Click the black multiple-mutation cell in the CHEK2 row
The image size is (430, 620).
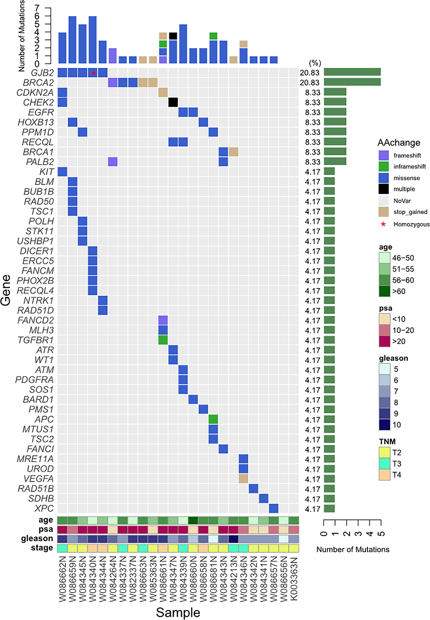pyautogui.click(x=173, y=102)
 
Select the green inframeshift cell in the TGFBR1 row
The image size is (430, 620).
pyautogui.click(x=163, y=340)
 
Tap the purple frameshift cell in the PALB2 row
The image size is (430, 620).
pyautogui.click(x=113, y=162)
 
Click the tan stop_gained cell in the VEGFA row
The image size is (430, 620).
pyautogui.click(x=243, y=479)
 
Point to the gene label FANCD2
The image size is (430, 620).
pyautogui.click(x=36, y=320)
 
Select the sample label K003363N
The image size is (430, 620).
pyautogui.click(x=294, y=579)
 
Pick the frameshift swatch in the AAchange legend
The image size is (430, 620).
pyautogui.click(x=383, y=155)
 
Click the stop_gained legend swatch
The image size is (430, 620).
pyautogui.click(x=383, y=212)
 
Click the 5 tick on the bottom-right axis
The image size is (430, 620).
pyautogui.click(x=381, y=533)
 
